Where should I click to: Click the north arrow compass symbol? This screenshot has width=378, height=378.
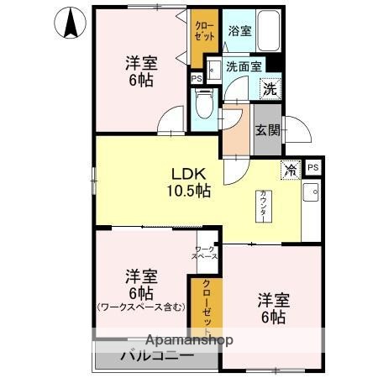[x=71, y=22]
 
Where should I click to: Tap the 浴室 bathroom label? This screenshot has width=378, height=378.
[x=239, y=31]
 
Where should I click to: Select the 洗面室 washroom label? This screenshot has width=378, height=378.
[x=244, y=67]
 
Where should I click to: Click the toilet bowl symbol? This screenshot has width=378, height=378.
[x=202, y=105]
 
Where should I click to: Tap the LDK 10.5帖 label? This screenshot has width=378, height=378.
[x=192, y=182]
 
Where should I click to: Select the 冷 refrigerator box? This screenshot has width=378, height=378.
[x=291, y=170]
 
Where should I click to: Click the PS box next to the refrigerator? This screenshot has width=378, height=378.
[x=313, y=167]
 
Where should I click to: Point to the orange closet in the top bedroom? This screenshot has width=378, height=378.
[x=202, y=39]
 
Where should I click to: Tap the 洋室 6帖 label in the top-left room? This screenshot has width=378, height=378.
[x=140, y=71]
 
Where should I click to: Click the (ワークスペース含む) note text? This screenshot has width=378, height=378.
[x=140, y=307]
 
